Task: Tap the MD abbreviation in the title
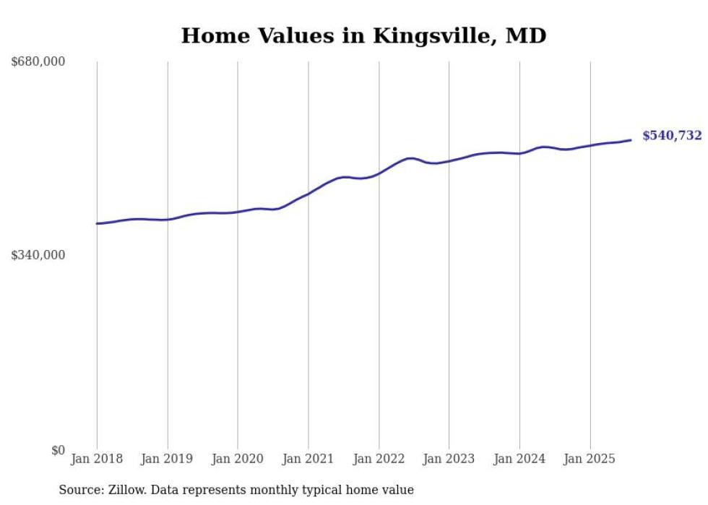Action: (527, 35)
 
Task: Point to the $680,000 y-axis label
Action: (38, 62)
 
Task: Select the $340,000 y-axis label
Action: (38, 255)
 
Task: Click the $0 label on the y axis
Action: (58, 450)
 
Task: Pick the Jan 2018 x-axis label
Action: (97, 459)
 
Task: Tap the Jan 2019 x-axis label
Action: (168, 459)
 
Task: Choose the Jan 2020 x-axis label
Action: (238, 459)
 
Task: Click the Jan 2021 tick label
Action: (308, 459)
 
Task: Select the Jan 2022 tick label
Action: (379, 459)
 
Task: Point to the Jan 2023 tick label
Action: (449, 459)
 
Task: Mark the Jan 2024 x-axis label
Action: (519, 459)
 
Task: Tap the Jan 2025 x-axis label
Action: (590, 459)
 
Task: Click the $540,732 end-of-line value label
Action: (672, 136)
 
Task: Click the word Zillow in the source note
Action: (119, 490)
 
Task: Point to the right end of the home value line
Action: (631, 140)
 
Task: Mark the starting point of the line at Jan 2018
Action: (97, 224)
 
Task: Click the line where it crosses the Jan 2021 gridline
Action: (308, 194)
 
